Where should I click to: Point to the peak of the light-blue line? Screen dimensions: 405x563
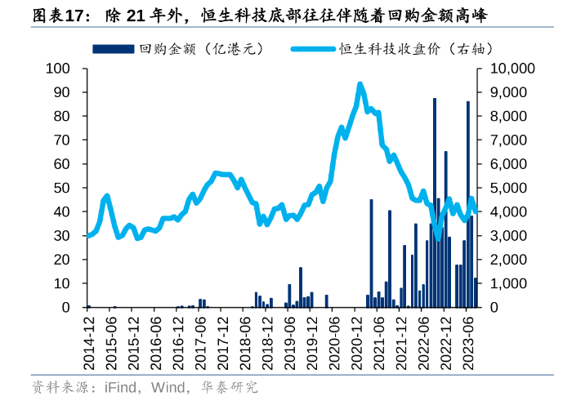click(x=360, y=84)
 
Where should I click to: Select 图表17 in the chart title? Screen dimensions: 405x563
click(x=38, y=14)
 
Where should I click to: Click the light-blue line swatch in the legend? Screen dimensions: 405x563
click(x=315, y=50)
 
